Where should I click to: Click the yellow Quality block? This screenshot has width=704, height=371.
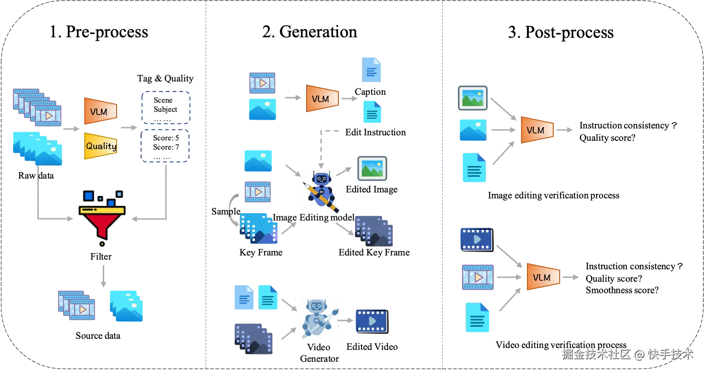click(101, 146)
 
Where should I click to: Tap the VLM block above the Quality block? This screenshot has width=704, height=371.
click(100, 111)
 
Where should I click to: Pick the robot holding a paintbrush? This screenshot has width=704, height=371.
click(319, 320)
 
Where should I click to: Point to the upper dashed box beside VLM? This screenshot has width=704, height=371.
click(166, 107)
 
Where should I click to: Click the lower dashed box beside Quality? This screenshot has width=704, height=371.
click(166, 146)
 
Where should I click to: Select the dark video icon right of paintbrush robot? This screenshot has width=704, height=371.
click(370, 320)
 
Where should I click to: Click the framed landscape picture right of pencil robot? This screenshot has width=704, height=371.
click(371, 169)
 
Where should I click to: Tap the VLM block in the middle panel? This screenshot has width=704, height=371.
click(322, 99)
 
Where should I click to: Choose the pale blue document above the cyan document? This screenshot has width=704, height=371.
click(372, 70)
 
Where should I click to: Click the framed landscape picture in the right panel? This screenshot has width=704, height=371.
click(473, 99)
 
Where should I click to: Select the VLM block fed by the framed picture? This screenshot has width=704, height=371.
click(537, 130)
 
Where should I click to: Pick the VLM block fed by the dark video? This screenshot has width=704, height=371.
click(543, 277)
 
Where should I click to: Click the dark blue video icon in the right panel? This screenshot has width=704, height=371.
click(476, 238)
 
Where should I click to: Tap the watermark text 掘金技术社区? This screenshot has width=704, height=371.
click(595, 354)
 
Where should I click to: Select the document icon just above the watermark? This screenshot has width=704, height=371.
click(477, 318)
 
